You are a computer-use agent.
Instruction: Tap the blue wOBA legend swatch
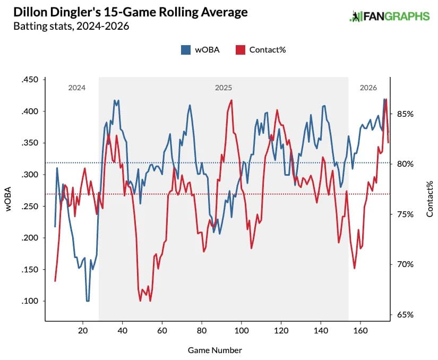pyautogui.click(x=186, y=49)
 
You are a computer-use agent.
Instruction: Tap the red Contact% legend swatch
pyautogui.click(x=239, y=49)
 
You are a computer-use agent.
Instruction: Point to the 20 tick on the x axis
pyautogui.click(x=83, y=330)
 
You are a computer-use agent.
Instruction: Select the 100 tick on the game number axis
pyautogui.click(x=242, y=330)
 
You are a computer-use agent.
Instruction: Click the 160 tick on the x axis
pyautogui.click(x=360, y=330)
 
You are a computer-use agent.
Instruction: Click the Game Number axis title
pyautogui.click(x=215, y=350)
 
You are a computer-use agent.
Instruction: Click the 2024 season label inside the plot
pyautogui.click(x=76, y=88)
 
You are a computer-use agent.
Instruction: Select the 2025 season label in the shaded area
pyautogui.click(x=223, y=88)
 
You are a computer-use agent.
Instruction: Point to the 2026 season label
pyautogui.click(x=368, y=88)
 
